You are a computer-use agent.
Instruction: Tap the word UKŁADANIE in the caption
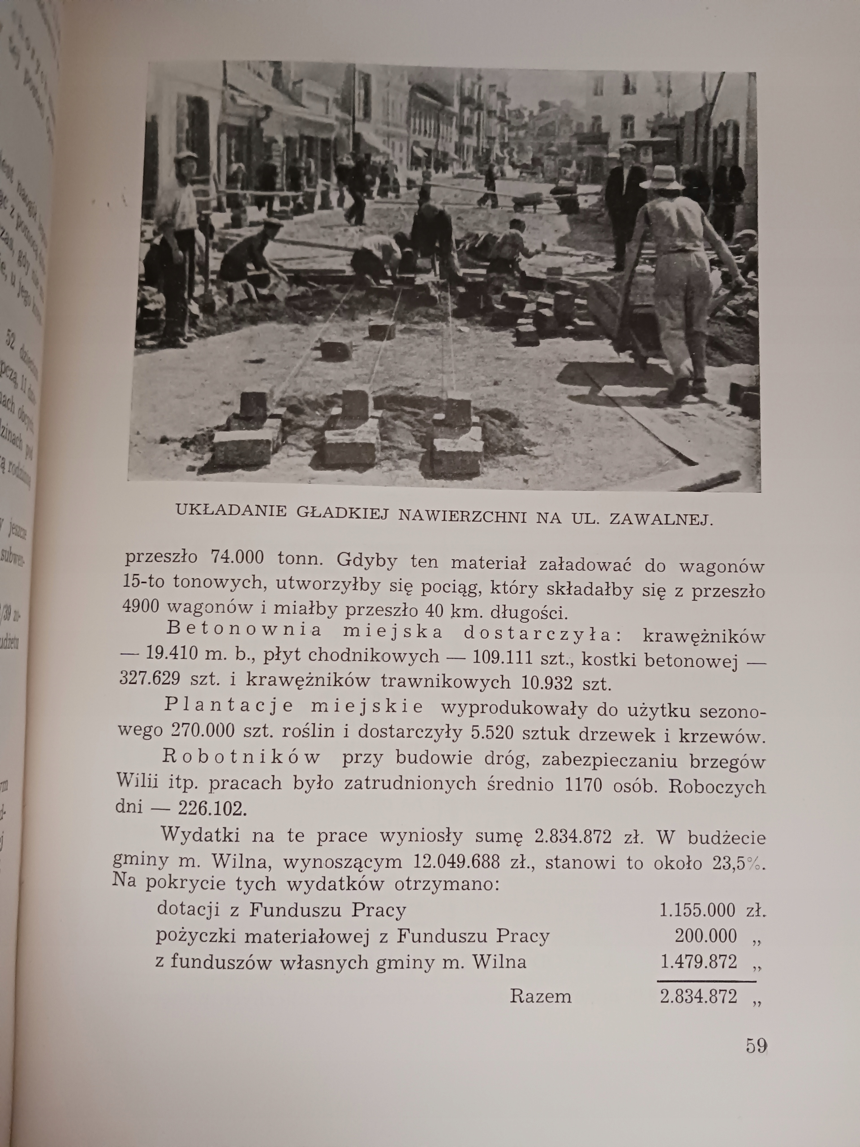pos(231,510)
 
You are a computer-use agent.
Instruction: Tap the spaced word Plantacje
pos(229,706)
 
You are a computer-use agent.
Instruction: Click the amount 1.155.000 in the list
pos(697,910)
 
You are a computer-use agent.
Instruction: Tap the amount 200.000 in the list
pos(705,936)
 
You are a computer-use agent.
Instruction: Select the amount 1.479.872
pos(698,962)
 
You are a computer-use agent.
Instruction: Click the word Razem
pos(540,996)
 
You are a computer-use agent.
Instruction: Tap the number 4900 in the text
pos(141,606)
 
